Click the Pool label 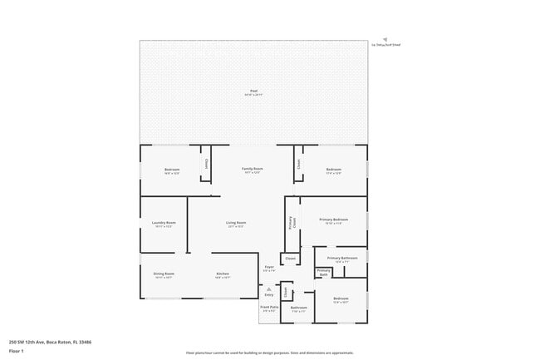pyautogui.click(x=253, y=91)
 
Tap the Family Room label pyautogui.click(x=253, y=169)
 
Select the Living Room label pyautogui.click(x=236, y=222)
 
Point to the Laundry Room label pyautogui.click(x=164, y=222)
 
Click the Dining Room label pyautogui.click(x=164, y=274)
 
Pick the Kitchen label pyautogui.click(x=223, y=274)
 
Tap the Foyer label pyautogui.click(x=269, y=267)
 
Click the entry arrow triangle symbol pyautogui.click(x=268, y=288)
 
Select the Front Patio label pyautogui.click(x=269, y=307)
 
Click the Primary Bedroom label pyautogui.click(x=333, y=219)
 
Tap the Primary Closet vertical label pyautogui.click(x=292, y=222)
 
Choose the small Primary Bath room pyautogui.click(x=324, y=272)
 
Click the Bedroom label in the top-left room pyautogui.click(x=172, y=170)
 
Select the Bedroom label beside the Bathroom pyautogui.click(x=341, y=298)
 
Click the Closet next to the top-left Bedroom pyautogui.click(x=205, y=164)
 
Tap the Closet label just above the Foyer pyautogui.click(x=290, y=259)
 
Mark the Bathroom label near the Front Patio pyautogui.click(x=298, y=308)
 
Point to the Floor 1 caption pyautogui.click(x=17, y=351)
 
